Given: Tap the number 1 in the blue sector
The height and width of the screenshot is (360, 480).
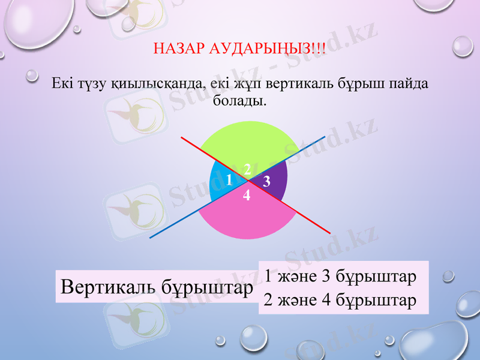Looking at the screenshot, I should pyautogui.click(x=228, y=179).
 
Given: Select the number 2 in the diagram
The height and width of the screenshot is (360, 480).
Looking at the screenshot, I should pyautogui.click(x=247, y=170).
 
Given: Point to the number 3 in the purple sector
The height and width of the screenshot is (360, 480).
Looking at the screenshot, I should pyautogui.click(x=267, y=180).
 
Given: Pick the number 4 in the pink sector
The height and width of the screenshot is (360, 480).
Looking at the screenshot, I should pyautogui.click(x=247, y=196).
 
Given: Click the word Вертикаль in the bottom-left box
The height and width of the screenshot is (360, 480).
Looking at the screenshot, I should pyautogui.click(x=109, y=287).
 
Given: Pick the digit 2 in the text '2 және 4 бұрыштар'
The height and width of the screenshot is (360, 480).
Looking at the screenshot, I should pyautogui.click(x=268, y=299).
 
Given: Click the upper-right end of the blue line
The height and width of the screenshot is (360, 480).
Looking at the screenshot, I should pyautogui.click(x=325, y=137).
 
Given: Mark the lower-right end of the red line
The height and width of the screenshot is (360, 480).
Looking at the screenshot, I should pyautogui.click(x=330, y=232).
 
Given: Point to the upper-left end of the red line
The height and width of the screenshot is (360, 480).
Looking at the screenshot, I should pyautogui.click(x=182, y=138).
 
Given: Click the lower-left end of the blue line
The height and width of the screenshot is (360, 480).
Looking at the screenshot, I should pyautogui.click(x=150, y=238).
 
